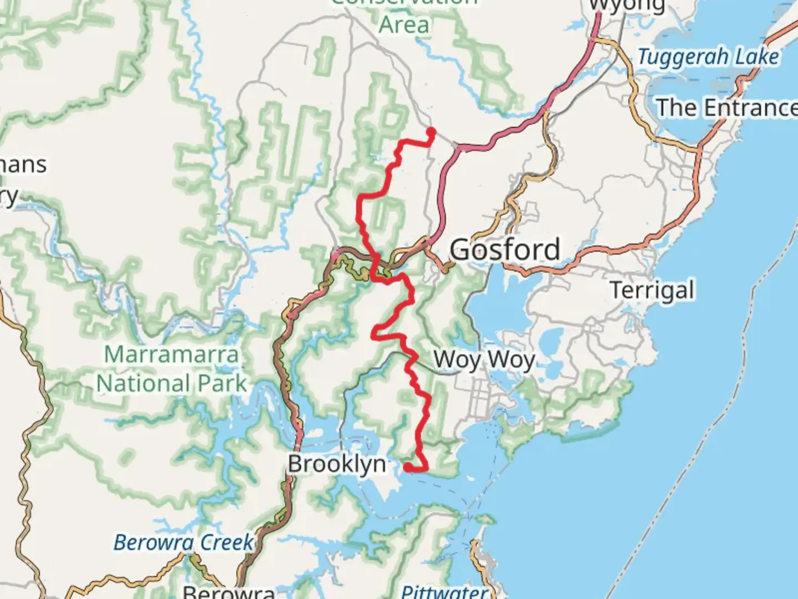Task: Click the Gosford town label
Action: tap(505, 250)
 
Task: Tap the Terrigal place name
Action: tap(652, 290)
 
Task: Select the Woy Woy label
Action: tap(484, 359)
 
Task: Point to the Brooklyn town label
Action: tap(336, 464)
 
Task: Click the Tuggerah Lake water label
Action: tap(708, 57)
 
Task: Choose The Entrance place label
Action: tap(726, 108)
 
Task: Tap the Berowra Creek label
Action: tap(183, 542)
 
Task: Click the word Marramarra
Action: tap(171, 354)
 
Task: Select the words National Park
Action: tap(171, 383)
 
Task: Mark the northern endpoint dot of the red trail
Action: tap(431, 131)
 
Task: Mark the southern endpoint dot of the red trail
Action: tap(408, 468)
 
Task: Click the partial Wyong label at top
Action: tap(627, 6)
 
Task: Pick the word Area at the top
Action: tap(404, 25)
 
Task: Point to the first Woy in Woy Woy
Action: tap(457, 359)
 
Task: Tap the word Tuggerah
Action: tap(682, 57)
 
